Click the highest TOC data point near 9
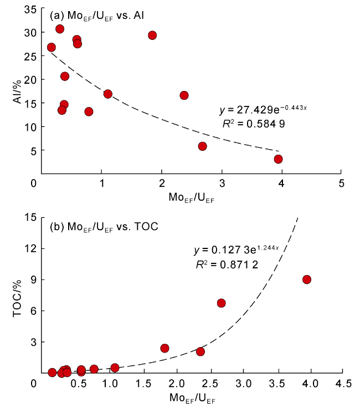tap(307, 279)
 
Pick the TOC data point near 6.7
tap(221, 303)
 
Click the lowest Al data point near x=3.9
tap(278, 159)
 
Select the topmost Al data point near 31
tap(60, 29)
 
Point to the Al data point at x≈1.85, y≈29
tap(152, 35)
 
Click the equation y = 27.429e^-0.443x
tap(263, 110)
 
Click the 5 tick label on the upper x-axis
tap(341, 184)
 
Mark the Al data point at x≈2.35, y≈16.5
tap(184, 95)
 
